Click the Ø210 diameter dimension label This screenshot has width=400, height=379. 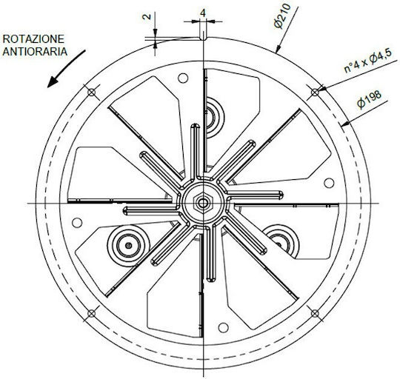point(282,16)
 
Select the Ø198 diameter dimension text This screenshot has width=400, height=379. point(369,99)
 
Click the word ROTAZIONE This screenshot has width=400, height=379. point(33,39)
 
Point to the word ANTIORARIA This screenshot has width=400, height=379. point(35,52)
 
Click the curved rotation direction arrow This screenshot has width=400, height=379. point(66,69)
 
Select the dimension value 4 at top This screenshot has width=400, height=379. point(203,13)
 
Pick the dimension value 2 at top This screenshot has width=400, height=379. point(147,17)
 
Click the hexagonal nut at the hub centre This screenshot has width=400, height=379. point(203,203)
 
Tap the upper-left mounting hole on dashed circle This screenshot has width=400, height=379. point(91,92)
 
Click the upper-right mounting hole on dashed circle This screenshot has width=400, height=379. point(316,92)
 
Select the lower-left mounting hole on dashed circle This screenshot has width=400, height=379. point(91,313)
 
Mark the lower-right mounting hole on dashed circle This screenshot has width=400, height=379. point(316,313)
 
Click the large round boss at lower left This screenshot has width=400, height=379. point(128,246)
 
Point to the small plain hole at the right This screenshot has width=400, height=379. point(329,183)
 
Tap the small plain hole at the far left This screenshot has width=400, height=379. point(77,223)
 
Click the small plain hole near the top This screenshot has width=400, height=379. point(183,78)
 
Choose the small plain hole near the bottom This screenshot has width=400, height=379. point(223,328)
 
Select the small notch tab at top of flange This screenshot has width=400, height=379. point(203,36)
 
